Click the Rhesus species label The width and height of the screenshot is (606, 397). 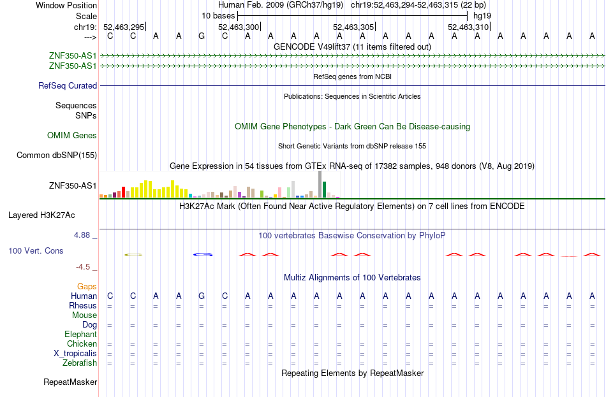[x=83, y=305]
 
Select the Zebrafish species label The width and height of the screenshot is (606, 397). [x=80, y=363]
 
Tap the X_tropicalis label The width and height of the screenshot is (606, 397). [x=75, y=354]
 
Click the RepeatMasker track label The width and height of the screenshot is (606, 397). [x=70, y=382]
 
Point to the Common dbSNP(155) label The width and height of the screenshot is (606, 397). [x=56, y=155]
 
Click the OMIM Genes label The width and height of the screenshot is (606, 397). [x=72, y=136]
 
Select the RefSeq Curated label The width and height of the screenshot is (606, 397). [x=68, y=86]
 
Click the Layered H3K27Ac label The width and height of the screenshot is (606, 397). [x=41, y=215]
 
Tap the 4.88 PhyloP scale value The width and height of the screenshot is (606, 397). [x=82, y=235]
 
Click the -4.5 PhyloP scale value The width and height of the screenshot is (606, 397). [x=83, y=267]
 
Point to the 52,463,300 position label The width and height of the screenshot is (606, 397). [x=239, y=27]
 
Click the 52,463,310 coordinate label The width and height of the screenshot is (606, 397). [x=468, y=27]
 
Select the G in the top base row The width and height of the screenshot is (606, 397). [x=202, y=36]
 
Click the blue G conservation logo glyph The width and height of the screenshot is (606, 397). [x=203, y=254]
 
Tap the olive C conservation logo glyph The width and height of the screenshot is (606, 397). [x=133, y=255]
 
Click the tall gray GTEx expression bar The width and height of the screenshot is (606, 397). [x=320, y=184]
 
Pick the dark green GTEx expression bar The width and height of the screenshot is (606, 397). [x=324, y=190]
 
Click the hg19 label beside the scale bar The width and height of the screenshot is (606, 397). [x=482, y=16]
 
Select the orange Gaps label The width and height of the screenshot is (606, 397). [x=87, y=287]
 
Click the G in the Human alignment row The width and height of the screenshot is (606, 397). [x=202, y=296]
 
